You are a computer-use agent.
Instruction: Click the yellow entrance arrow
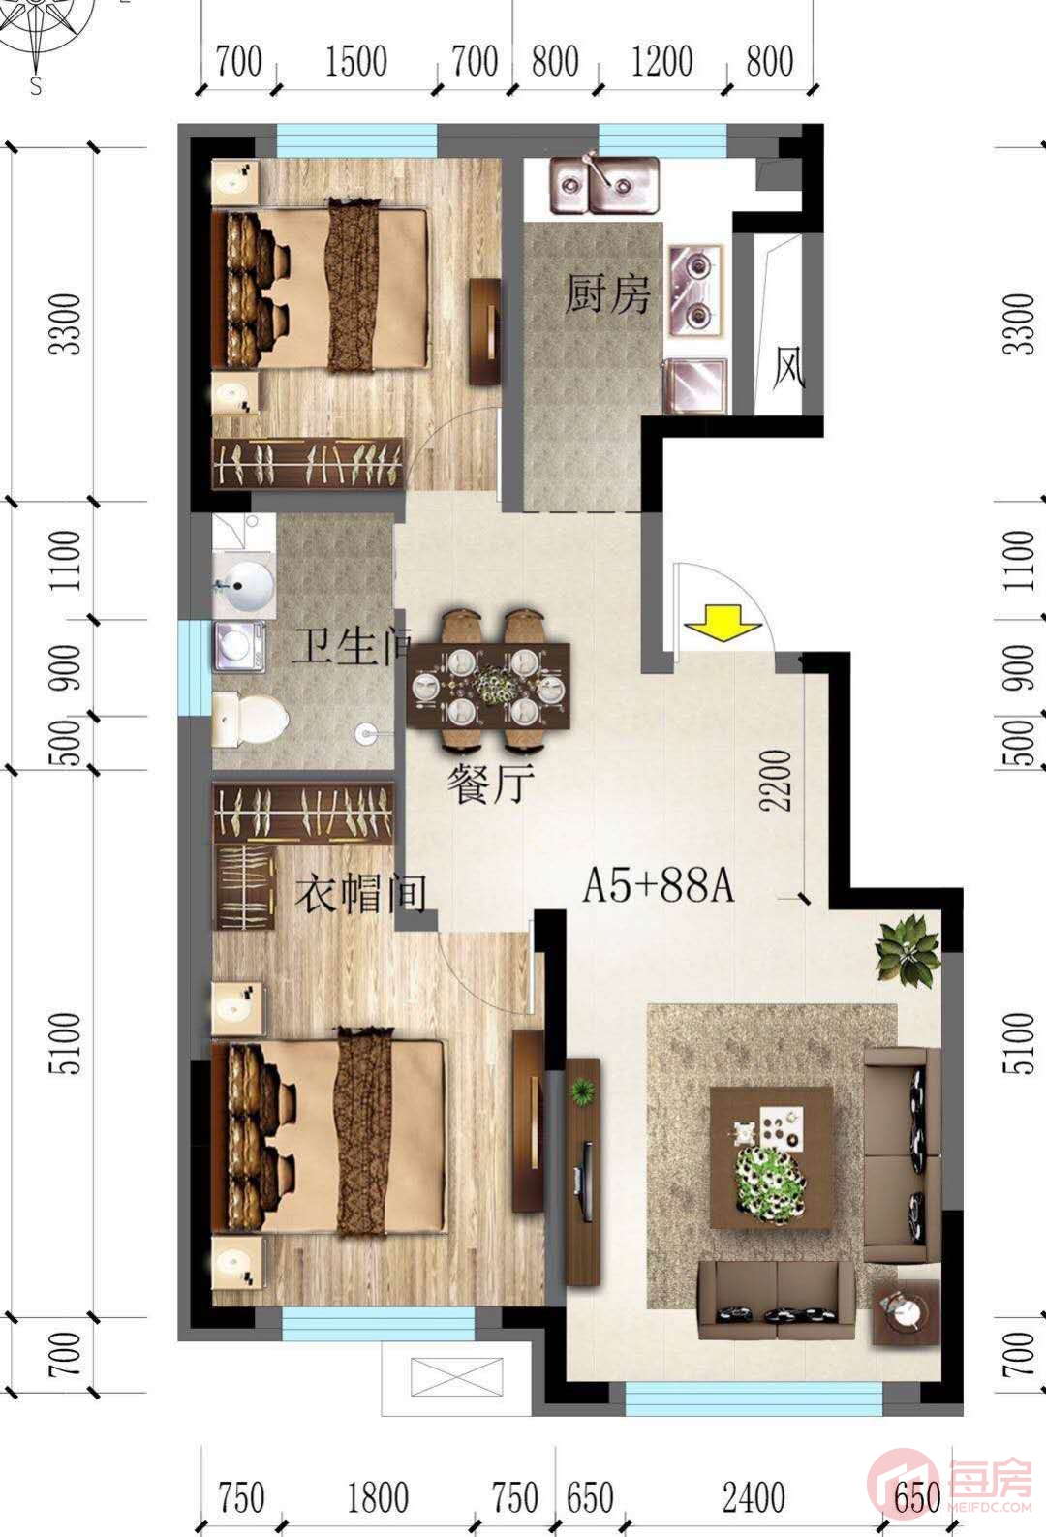click(723, 623)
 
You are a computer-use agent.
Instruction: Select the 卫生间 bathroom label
click(351, 645)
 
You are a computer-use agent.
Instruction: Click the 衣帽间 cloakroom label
click(360, 893)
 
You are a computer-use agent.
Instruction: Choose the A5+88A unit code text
click(659, 885)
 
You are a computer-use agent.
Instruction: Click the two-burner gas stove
click(696, 291)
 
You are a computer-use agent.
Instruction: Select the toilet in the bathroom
click(250, 719)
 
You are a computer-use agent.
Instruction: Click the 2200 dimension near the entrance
click(776, 781)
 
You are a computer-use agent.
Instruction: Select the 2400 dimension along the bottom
click(754, 1497)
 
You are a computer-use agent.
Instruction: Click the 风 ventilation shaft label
click(788, 368)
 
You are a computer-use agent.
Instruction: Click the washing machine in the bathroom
click(239, 645)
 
